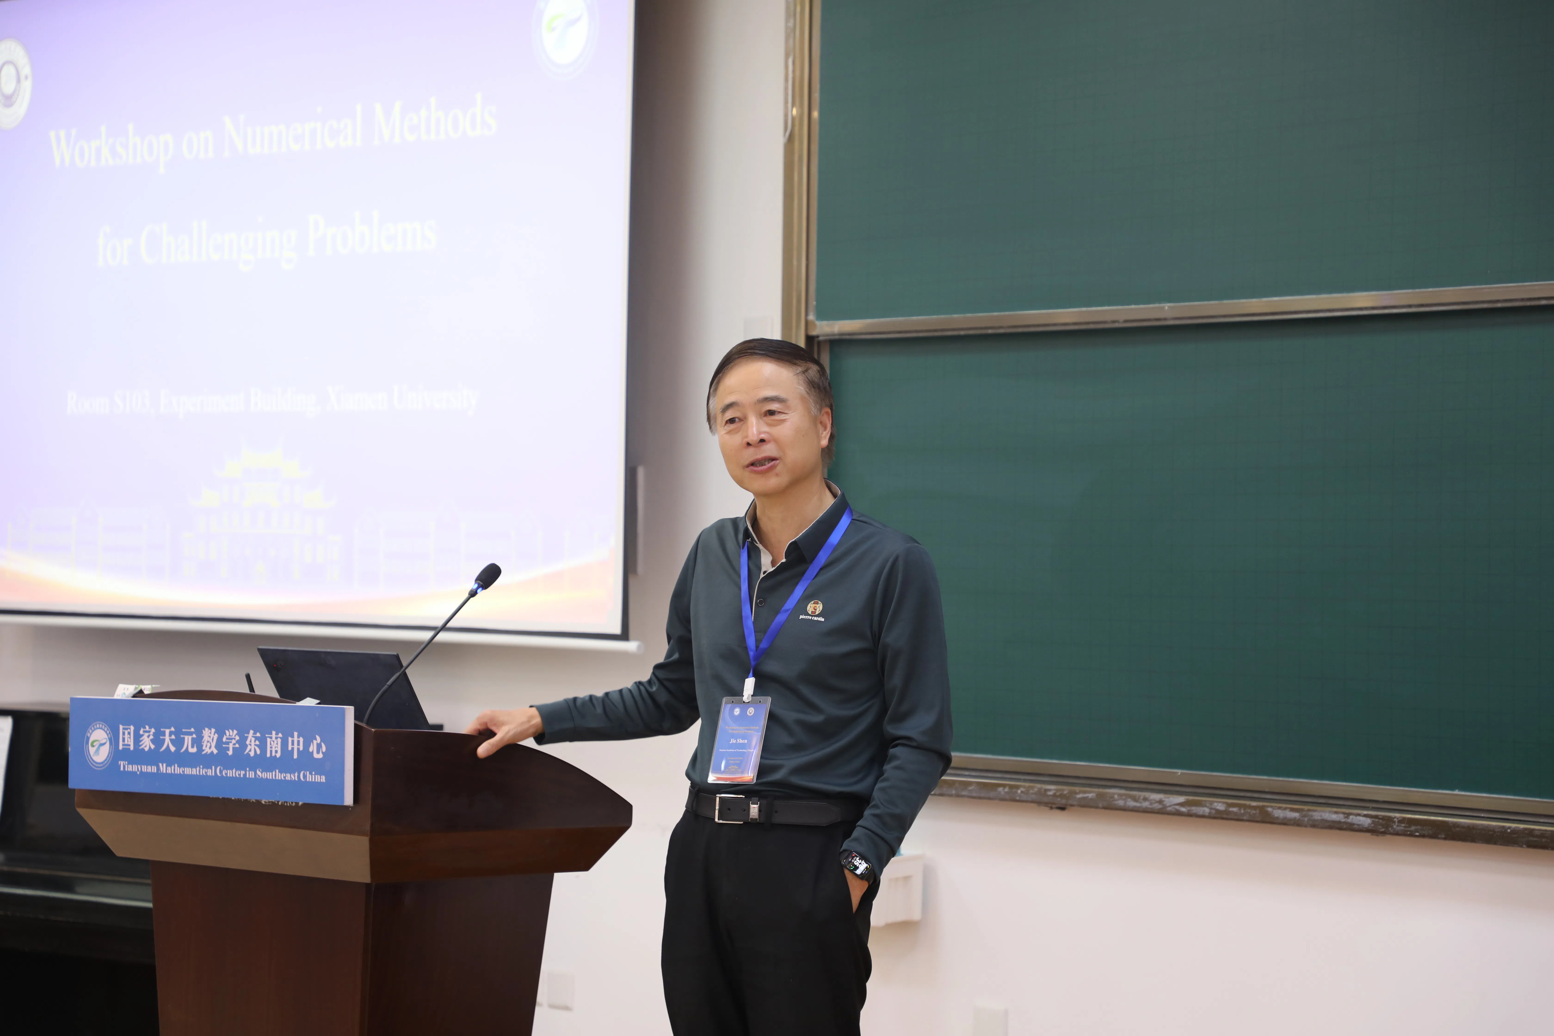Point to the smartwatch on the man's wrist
tap(857, 864)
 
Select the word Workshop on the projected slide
tap(111, 147)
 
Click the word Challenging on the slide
tap(218, 244)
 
